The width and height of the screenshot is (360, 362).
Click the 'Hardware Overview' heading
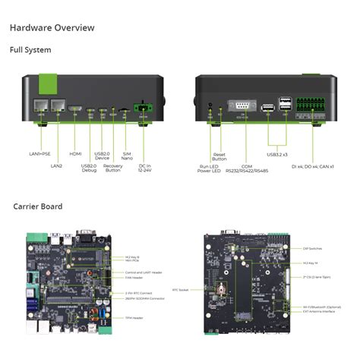pyautogui.click(x=52, y=28)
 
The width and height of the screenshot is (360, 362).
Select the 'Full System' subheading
pyautogui.click(x=30, y=50)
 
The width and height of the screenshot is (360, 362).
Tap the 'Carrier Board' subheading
pyautogui.click(x=37, y=206)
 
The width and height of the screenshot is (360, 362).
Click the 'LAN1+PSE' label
pyautogui.click(x=39, y=154)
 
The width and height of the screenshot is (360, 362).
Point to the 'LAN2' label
pyautogui.click(x=56, y=165)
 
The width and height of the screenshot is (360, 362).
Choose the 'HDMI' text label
pyautogui.click(x=75, y=154)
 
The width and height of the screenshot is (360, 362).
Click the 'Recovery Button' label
pyautogui.click(x=112, y=168)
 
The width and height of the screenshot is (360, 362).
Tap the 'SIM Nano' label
pyautogui.click(x=127, y=156)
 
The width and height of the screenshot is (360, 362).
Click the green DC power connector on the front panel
pyautogui.click(x=142, y=109)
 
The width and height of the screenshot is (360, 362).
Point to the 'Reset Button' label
pyautogui.click(x=219, y=156)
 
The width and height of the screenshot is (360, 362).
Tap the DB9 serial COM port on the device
pyautogui.click(x=242, y=106)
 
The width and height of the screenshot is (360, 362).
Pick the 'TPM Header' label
pyautogui.click(x=133, y=316)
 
